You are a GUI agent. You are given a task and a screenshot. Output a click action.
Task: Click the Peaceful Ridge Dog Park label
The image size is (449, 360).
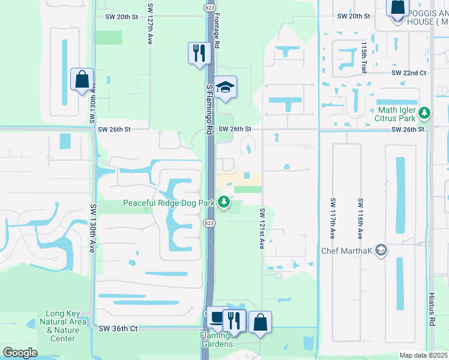pyautogui.click(x=169, y=203)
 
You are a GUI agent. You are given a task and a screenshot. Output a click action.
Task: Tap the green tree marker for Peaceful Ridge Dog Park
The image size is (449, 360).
pyautogui.click(x=224, y=203)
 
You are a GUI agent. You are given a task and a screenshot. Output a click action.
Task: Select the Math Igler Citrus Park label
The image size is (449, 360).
pyautogui.click(x=399, y=114)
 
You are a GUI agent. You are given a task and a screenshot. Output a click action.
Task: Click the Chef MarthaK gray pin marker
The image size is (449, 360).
pyautogui.click(x=381, y=251)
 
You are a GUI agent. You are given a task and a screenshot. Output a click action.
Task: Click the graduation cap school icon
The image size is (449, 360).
pyautogui.click(x=225, y=88)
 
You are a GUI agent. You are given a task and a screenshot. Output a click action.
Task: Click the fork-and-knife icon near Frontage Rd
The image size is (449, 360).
pyautogui.click(x=198, y=53)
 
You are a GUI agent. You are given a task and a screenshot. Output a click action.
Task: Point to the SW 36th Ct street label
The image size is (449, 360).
pyautogui.click(x=118, y=329)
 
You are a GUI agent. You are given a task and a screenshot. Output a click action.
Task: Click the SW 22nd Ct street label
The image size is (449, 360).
pyautogui.click(x=408, y=73)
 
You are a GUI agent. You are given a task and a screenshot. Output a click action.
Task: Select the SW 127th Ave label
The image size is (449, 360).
pyautogui.click(x=149, y=31)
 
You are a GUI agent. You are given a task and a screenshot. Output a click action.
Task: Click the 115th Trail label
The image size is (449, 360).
pyautogui.click(x=364, y=58)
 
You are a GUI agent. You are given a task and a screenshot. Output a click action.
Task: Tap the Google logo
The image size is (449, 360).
pyautogui.click(x=20, y=353)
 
